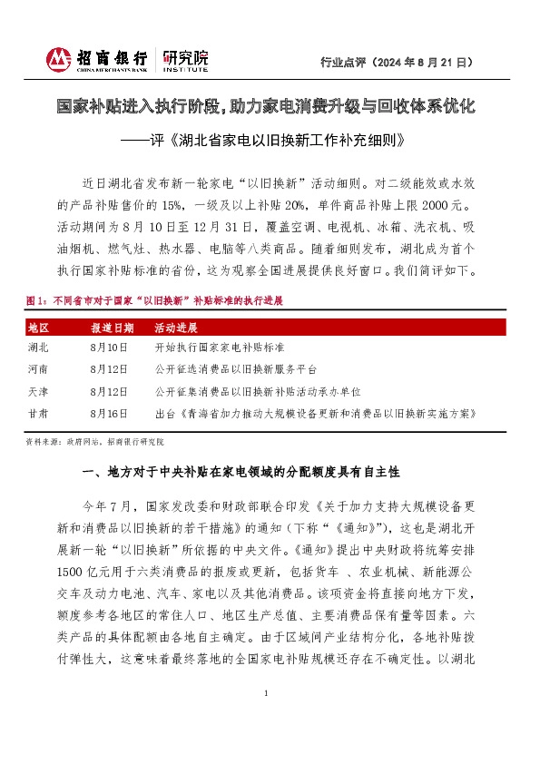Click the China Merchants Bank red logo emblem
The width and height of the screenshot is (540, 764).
click(x=59, y=59)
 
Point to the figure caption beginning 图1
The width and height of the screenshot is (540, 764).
click(x=157, y=299)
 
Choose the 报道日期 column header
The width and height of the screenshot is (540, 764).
click(x=112, y=328)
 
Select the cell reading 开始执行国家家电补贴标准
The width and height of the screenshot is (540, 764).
click(x=220, y=348)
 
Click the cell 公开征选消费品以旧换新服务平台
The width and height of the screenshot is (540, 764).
click(x=239, y=369)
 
